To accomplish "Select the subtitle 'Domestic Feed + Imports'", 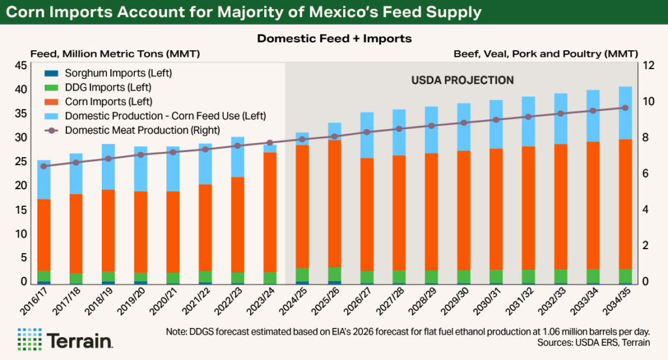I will pos(334,38).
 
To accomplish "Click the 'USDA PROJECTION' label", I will pos(463,80).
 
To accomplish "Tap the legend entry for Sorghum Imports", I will pos(118,72).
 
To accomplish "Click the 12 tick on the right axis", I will pos(647,65).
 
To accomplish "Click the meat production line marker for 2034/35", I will pos(624,108).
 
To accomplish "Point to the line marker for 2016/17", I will pos(44,166).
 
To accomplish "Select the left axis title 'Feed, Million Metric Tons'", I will pos(115,53).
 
